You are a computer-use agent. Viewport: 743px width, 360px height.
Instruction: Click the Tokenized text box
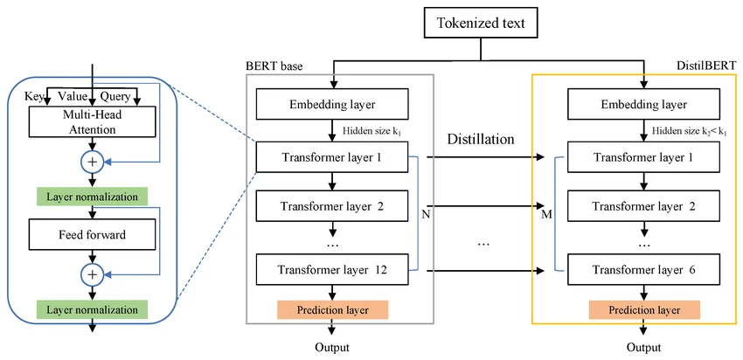coord(481,24)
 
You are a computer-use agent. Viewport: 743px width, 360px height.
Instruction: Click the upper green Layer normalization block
coord(92,196)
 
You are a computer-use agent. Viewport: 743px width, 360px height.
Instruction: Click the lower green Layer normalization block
coord(92,309)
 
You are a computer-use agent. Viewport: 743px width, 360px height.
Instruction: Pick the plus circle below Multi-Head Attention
coord(92,161)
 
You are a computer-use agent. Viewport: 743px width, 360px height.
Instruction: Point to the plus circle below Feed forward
coord(92,274)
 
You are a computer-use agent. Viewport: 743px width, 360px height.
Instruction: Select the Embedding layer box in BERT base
coord(332,106)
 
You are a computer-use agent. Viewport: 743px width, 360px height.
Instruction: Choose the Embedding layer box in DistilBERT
coord(644,106)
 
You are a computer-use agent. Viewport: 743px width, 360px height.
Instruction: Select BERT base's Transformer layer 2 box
coord(332,208)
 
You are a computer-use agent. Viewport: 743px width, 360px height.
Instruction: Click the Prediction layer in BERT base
coord(332,309)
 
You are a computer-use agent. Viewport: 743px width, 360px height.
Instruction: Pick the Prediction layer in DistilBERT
coord(644,309)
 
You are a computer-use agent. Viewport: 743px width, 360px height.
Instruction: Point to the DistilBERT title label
coord(706,66)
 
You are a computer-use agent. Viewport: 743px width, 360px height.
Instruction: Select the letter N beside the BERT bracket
coord(425,212)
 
